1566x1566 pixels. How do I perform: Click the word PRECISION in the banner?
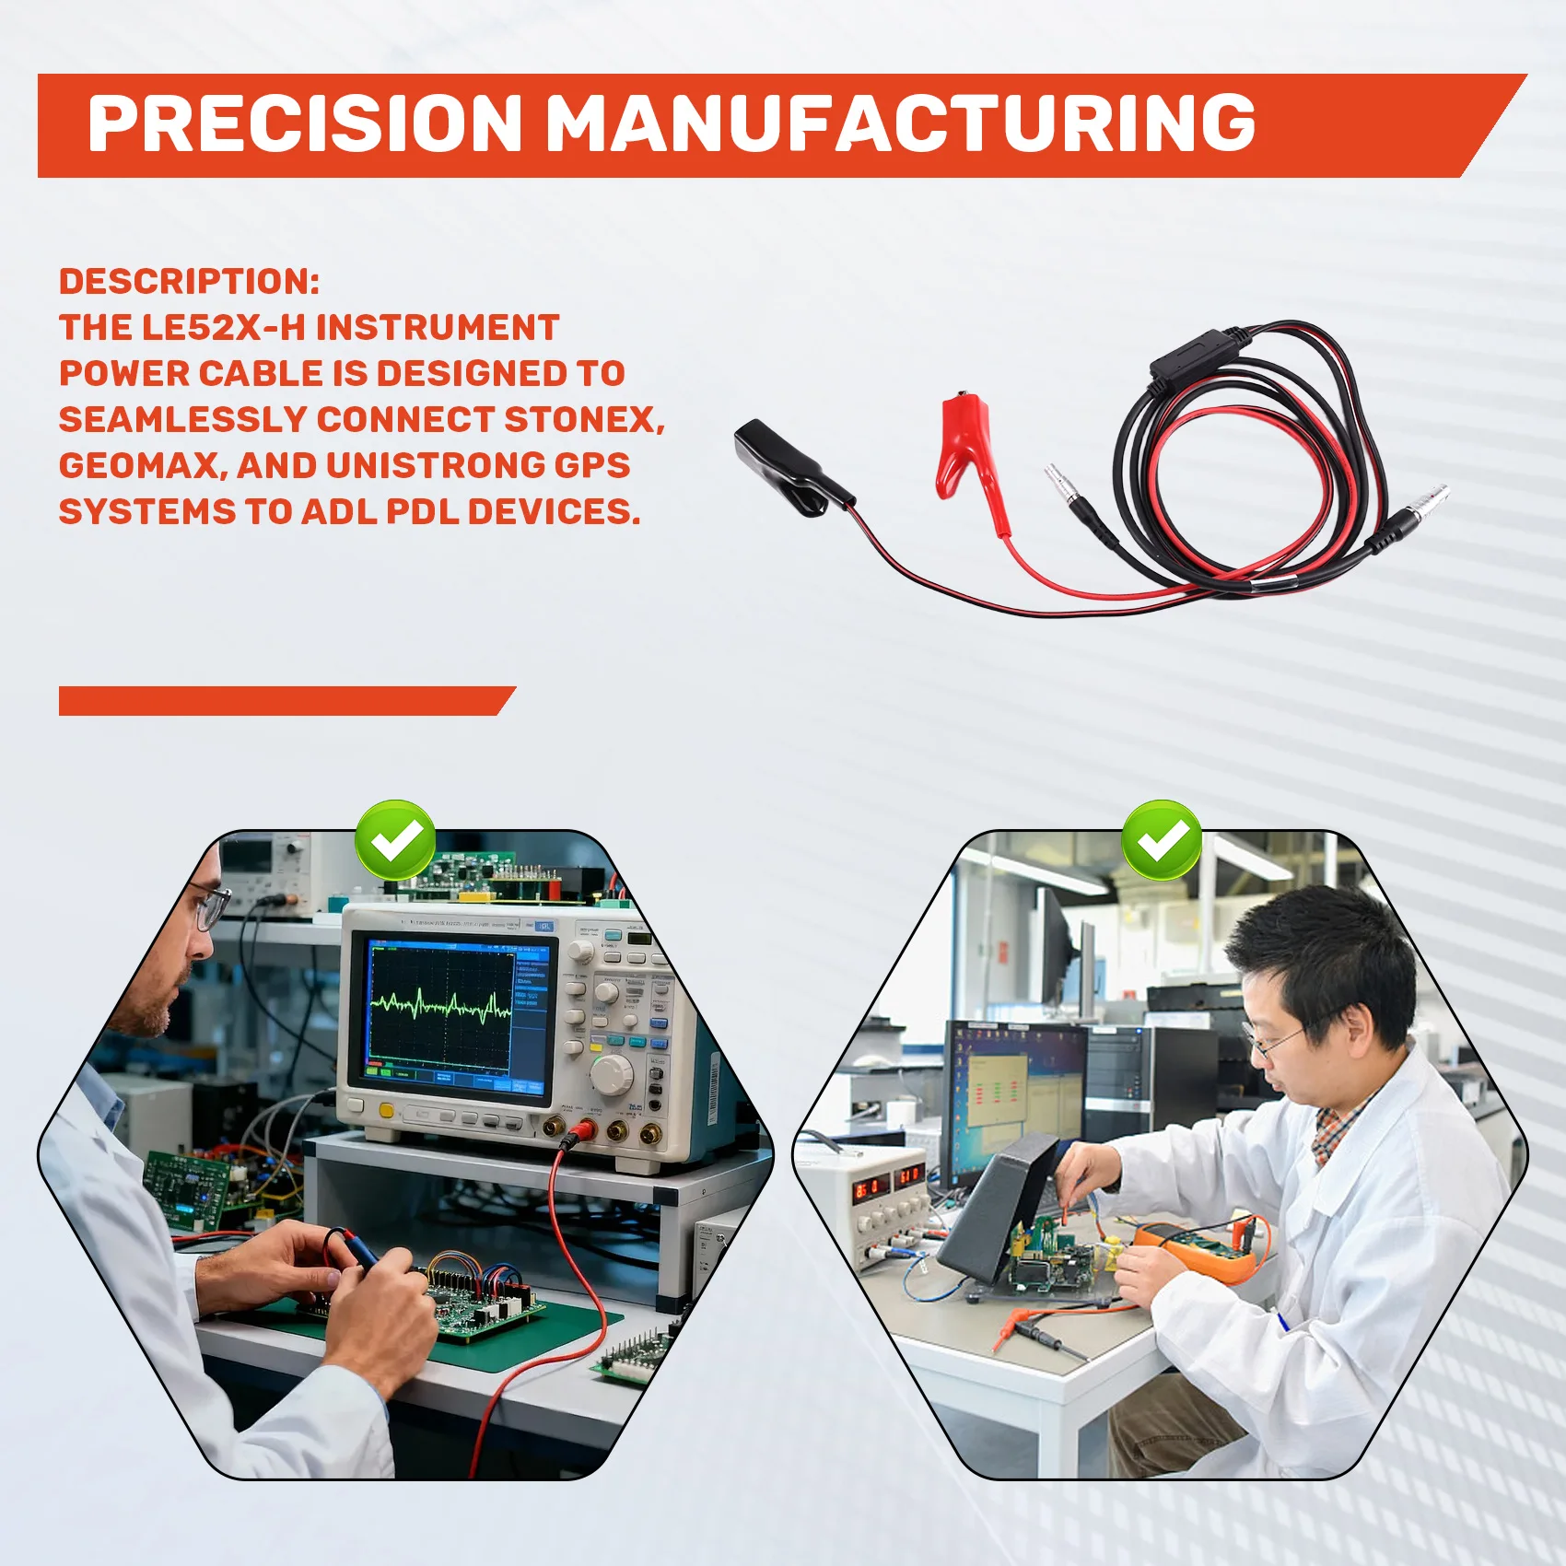[304, 124]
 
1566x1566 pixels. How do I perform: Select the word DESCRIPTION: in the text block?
[189, 282]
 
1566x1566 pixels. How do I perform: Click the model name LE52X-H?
[223, 328]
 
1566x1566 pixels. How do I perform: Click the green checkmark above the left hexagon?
[396, 839]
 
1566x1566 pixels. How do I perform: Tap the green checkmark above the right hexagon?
[1162, 839]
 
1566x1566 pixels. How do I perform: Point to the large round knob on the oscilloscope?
[611, 1074]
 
